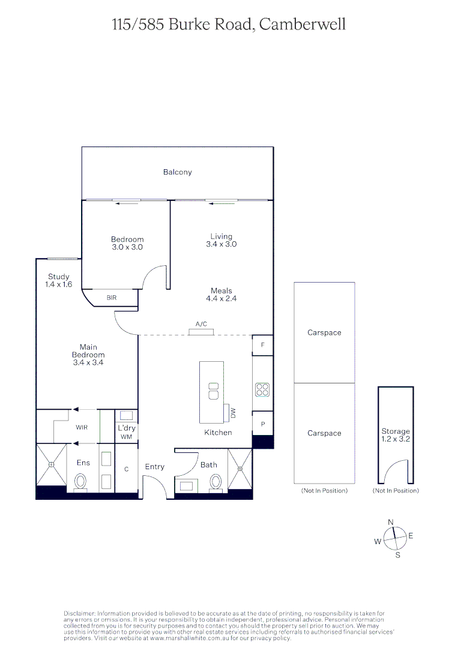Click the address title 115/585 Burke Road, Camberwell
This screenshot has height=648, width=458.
pos(229,25)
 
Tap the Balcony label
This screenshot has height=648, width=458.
pos(178,172)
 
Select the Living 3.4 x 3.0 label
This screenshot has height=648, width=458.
pos(221,240)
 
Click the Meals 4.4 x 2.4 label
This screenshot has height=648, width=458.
pos(221,295)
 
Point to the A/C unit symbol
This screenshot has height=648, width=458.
pos(201,331)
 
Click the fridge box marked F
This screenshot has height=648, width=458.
pos(262,345)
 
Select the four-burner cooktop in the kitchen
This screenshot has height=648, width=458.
pos(262,389)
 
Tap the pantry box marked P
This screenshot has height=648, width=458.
pos(262,423)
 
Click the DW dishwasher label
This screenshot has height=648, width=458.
pos(233,413)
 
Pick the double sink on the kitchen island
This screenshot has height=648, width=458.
pos(212,391)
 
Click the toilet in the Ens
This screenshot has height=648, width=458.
pos(80,481)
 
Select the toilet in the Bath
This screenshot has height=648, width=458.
pos(216,481)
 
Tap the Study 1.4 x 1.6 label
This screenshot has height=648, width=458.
pos(59,281)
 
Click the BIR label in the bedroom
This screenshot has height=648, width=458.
pos(112,298)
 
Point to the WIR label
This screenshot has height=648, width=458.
pos(82,428)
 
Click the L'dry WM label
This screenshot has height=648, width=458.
pos(127,432)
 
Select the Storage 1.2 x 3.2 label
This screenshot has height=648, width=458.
pos(396,435)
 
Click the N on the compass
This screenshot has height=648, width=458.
pos(391,523)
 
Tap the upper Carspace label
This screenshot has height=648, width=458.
pos(324,332)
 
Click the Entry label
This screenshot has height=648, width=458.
pos(154,467)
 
